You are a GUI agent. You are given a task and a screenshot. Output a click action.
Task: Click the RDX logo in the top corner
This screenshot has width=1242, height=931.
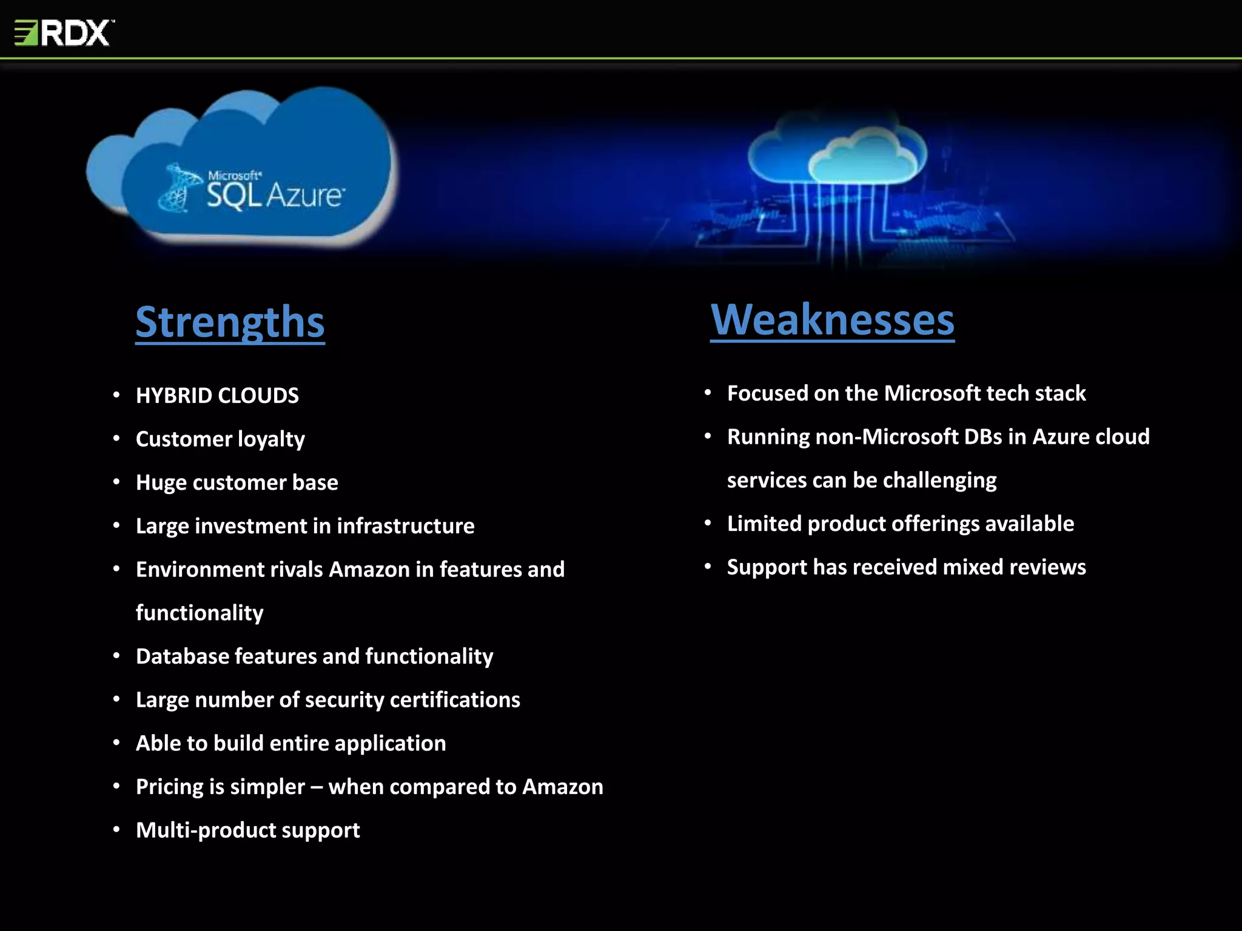tap(64, 33)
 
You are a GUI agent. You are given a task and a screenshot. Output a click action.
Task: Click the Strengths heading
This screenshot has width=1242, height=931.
tap(230, 322)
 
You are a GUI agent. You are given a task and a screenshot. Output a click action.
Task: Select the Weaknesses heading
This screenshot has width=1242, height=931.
tap(832, 319)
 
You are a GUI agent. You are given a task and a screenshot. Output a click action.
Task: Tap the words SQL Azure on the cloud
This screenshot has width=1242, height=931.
tap(275, 195)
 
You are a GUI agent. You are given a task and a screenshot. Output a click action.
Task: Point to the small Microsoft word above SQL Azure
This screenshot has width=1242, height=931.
tap(234, 175)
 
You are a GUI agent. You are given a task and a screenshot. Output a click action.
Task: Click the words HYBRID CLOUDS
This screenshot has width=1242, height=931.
tap(217, 396)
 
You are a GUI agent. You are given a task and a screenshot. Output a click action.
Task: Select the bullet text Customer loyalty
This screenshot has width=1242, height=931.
tap(220, 439)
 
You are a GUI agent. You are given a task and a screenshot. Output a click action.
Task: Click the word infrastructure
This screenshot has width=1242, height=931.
tap(405, 526)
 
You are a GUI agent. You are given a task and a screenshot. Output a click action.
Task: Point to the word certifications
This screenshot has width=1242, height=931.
tap(455, 700)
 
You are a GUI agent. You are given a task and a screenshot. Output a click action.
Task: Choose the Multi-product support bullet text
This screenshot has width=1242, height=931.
tap(247, 830)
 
